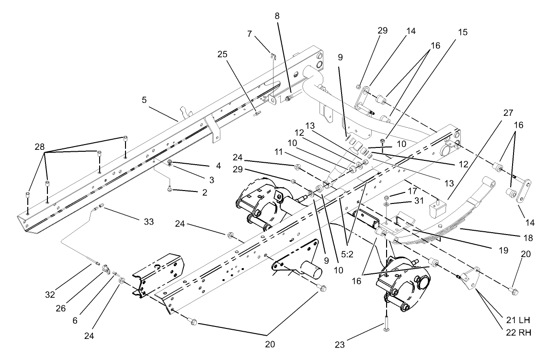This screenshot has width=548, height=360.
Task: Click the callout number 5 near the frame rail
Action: pos(144,101)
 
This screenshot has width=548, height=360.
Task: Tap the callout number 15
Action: pos(463,33)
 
